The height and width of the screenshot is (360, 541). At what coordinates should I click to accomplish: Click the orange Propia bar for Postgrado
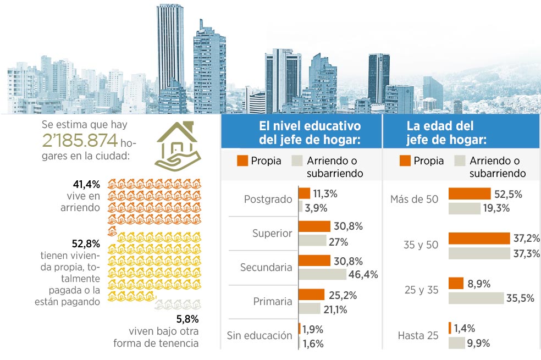point(305,193)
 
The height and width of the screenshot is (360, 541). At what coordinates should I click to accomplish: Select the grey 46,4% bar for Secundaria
point(322,274)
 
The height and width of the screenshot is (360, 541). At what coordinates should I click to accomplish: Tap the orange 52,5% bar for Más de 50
point(470,193)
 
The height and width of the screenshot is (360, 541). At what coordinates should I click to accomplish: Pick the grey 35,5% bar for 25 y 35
point(476,298)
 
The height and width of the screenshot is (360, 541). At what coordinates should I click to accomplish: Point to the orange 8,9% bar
point(456,283)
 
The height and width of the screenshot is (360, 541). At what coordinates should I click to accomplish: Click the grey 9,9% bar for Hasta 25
point(456,343)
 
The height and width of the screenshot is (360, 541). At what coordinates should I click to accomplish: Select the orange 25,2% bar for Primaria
point(312,295)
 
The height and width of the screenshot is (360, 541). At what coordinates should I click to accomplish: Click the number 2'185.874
point(80,140)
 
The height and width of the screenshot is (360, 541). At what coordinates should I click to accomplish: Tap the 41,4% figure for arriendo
point(86,185)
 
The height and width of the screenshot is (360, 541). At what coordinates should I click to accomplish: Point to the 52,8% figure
point(86,244)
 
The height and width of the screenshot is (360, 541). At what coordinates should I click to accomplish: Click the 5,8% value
point(187,319)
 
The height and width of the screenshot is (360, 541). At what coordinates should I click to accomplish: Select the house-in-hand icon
point(178,146)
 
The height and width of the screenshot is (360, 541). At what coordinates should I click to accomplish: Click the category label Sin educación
point(260,335)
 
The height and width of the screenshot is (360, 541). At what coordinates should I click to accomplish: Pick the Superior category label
point(272,234)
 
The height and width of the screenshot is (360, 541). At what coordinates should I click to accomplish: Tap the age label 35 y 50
point(421,245)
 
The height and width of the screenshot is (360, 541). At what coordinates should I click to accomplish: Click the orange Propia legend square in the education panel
point(242,160)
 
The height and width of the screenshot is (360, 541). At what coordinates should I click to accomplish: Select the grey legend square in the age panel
point(460,160)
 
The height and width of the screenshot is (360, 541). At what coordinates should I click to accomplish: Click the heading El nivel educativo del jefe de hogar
point(310,133)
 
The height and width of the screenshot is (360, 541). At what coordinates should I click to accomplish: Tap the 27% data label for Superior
point(338,242)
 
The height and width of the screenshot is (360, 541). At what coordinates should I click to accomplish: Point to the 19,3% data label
point(496,208)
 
